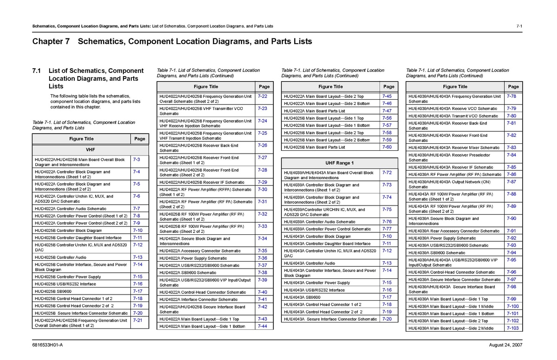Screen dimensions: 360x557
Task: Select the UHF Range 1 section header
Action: [x=340, y=163]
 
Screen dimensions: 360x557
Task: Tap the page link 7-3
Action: [x=136, y=160]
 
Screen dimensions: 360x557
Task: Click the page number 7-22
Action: [x=262, y=96]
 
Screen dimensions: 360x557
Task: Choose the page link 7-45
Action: [x=387, y=96]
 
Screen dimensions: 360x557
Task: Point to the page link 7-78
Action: [x=512, y=96]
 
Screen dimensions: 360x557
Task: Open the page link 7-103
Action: [x=512, y=328]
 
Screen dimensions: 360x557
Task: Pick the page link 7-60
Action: [x=387, y=147]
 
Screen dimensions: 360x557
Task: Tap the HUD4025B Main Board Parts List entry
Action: [x=314, y=147]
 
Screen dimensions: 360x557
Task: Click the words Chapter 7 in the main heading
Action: [x=51, y=41]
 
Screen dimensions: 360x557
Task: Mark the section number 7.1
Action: [x=37, y=71]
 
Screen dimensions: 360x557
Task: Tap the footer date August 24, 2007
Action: [x=505, y=346]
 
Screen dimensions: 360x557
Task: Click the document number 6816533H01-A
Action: [x=47, y=346]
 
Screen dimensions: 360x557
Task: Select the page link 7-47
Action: [x=387, y=111]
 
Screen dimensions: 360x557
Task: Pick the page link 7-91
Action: [x=512, y=231]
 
